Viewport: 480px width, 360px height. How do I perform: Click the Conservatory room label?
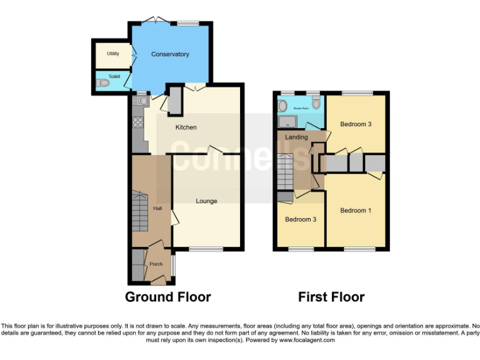tap(170, 54)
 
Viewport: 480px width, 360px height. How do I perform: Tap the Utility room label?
tap(112, 54)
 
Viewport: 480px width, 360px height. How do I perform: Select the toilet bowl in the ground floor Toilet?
tap(104, 82)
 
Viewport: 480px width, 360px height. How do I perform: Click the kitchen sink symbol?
tap(142, 100)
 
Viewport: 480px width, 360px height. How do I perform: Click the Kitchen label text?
tap(186, 127)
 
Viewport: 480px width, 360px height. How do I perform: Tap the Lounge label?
tap(206, 201)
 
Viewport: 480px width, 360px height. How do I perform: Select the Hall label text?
tap(157, 209)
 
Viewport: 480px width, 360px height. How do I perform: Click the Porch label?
tap(156, 264)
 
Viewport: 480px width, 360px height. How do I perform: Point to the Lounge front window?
tap(206, 249)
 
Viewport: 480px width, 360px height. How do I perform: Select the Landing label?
tap(296, 137)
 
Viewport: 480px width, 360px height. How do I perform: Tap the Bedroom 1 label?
tap(356, 211)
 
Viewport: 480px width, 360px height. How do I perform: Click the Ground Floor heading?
tap(168, 297)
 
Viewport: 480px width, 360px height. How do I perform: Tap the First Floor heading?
tap(331, 297)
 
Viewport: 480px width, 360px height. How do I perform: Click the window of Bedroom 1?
tap(358, 249)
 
